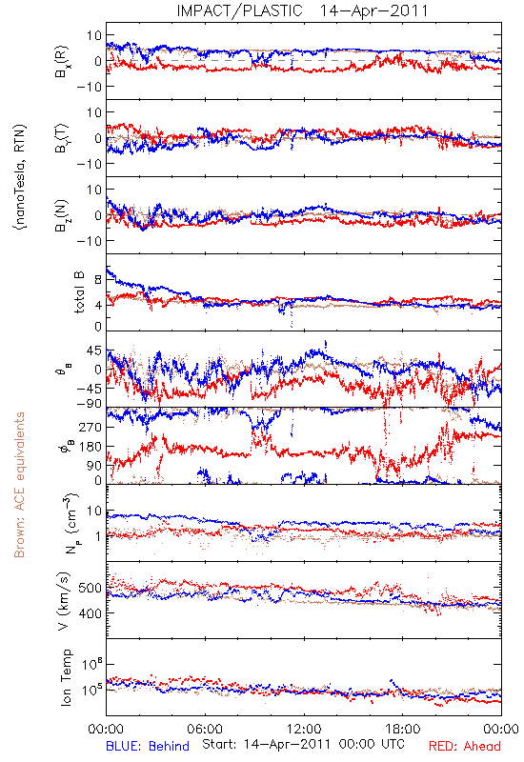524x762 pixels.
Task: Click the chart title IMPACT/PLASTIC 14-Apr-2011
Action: coord(302,10)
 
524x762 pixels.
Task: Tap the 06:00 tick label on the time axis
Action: coord(205,729)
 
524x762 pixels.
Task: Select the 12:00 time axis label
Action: coord(304,729)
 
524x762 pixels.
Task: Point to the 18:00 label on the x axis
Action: coord(403,729)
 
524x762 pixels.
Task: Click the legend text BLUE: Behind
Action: coord(148,746)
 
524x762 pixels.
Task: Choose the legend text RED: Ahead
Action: coord(465,746)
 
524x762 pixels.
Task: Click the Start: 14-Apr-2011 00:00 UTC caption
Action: coord(303,744)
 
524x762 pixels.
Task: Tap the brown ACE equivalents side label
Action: coord(19,485)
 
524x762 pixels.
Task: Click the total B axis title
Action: coord(79,292)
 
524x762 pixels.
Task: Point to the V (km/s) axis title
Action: coord(64,601)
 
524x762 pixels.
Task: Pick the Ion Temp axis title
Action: coord(66,677)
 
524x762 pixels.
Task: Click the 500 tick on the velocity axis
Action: coord(90,588)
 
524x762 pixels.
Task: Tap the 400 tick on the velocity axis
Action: coord(90,613)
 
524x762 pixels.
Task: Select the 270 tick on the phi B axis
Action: coord(91,427)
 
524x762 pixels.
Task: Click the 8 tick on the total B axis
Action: coord(98,279)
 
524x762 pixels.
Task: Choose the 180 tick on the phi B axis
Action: coord(91,446)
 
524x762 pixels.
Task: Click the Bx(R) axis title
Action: coord(62,62)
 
